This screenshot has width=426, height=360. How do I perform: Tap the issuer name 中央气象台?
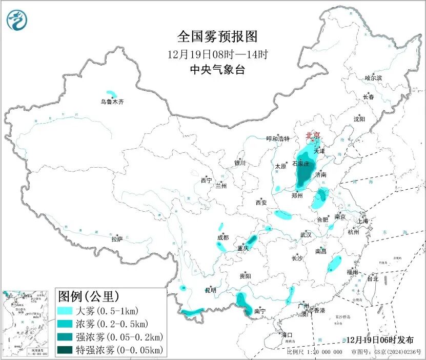217,70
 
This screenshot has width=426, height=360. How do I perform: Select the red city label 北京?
313,135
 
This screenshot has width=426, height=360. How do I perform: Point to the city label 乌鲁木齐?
112,102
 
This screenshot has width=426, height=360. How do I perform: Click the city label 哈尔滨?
373,78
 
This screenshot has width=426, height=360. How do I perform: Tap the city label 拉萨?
117,239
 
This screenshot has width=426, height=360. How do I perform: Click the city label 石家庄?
301,164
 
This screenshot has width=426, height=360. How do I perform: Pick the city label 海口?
287,335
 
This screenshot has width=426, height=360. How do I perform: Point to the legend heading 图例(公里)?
88,296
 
